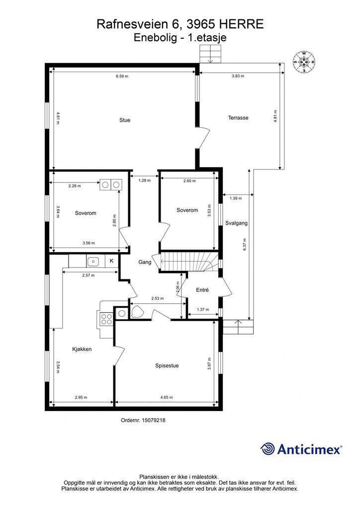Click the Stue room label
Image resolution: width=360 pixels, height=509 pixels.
125,120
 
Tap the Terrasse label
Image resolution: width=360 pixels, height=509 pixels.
238,118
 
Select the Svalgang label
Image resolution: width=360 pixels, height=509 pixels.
236,223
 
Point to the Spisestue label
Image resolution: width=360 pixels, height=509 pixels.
167,365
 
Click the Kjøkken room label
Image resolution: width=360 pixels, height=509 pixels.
82,349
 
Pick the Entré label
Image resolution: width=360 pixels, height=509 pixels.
202,290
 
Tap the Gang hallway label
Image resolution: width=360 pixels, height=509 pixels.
145,262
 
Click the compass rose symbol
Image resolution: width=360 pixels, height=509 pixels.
304,62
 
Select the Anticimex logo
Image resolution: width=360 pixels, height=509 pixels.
301,449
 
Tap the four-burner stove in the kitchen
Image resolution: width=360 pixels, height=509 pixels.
105,318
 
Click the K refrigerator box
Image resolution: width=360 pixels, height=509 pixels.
111,260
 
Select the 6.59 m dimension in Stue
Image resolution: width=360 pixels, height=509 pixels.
122,76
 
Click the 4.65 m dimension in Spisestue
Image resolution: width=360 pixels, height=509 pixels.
167,397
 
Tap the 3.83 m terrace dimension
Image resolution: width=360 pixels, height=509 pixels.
238,76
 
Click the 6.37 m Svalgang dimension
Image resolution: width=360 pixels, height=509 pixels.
245,244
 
